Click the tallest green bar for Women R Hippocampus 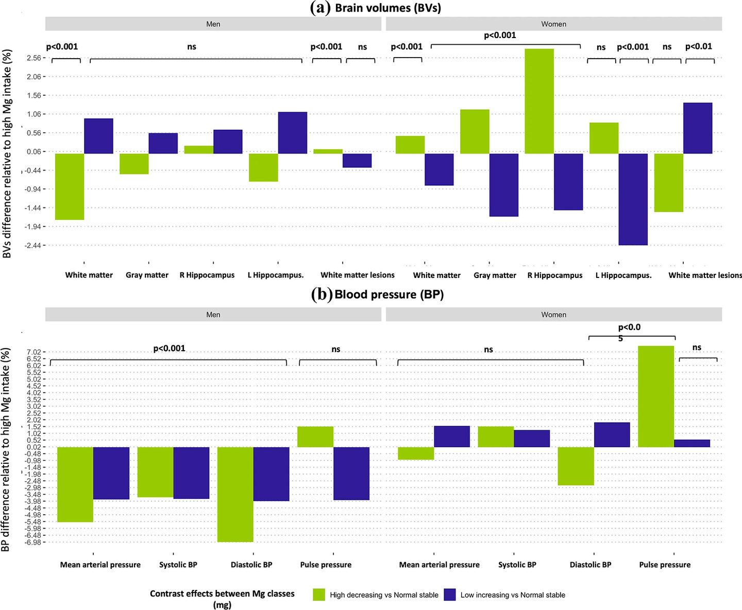click(x=539, y=101)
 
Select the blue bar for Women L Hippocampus click(x=633, y=199)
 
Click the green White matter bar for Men click(x=70, y=186)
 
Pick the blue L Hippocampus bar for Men click(x=292, y=133)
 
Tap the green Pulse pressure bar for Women click(x=655, y=396)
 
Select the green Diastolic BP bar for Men click(x=235, y=494)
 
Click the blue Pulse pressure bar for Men click(x=351, y=473)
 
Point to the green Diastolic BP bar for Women click(x=576, y=466)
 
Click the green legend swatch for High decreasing click(x=319, y=595)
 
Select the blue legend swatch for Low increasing click(x=450, y=595)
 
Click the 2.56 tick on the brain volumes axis click(x=33, y=58)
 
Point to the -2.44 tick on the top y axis click(x=32, y=246)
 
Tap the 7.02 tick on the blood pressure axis click(x=33, y=352)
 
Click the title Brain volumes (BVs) click(x=387, y=8)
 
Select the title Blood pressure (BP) click(x=389, y=294)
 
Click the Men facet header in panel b click(x=213, y=315)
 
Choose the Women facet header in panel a click(x=553, y=24)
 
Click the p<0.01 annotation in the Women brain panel click(x=698, y=46)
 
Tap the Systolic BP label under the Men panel click(x=178, y=565)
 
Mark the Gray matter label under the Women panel click(x=495, y=275)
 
